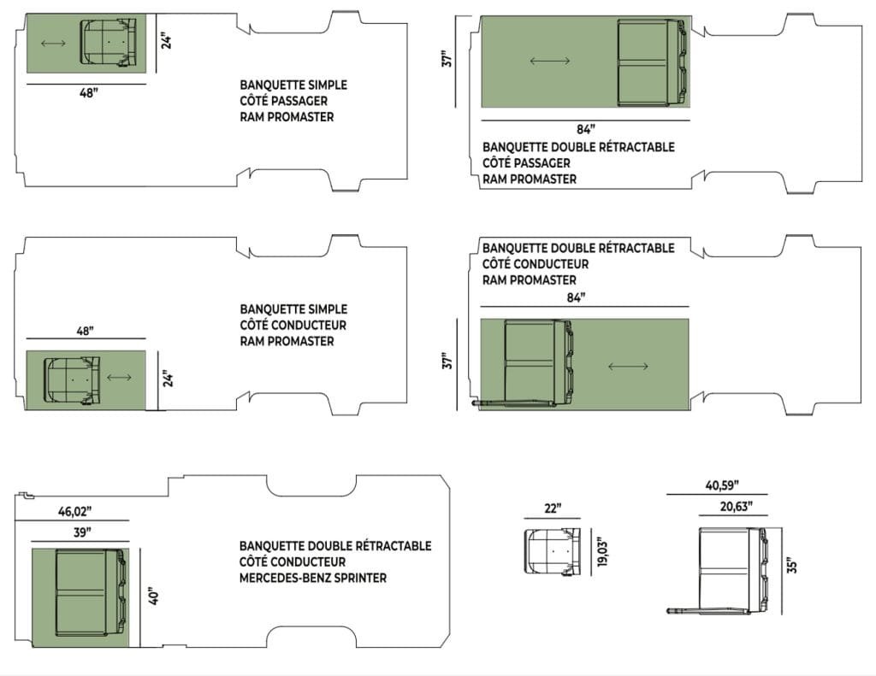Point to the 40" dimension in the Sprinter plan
click(151, 595)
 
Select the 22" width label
click(553, 508)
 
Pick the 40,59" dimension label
click(724, 486)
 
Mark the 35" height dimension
click(793, 565)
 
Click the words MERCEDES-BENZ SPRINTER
click(313, 578)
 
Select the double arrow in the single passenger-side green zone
click(53, 43)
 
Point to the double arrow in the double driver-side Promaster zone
click(628, 367)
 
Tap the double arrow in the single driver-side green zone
click(120, 377)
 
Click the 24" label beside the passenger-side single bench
click(168, 40)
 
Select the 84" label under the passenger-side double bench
click(585, 130)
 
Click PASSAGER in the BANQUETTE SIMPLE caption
click(303, 101)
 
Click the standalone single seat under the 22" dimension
click(552, 553)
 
